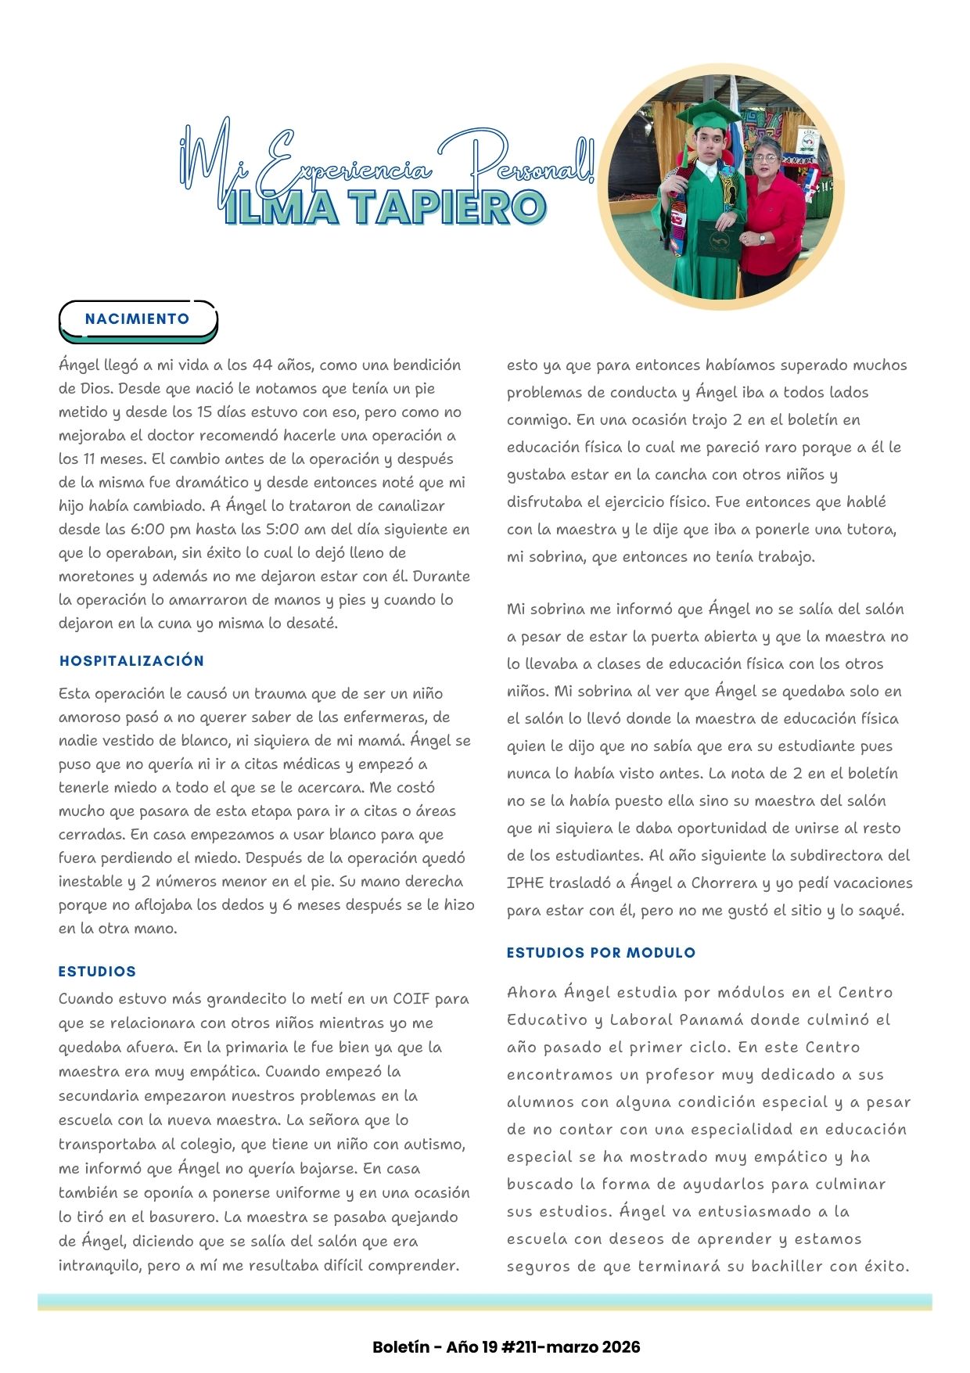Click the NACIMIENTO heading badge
pyautogui.click(x=138, y=319)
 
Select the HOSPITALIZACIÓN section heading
pyautogui.click(x=131, y=661)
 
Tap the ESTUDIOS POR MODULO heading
pyautogui.click(x=601, y=953)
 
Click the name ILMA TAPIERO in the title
pyautogui.click(x=384, y=207)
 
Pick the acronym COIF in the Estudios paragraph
pyautogui.click(x=410, y=999)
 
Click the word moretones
pyautogui.click(x=96, y=577)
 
